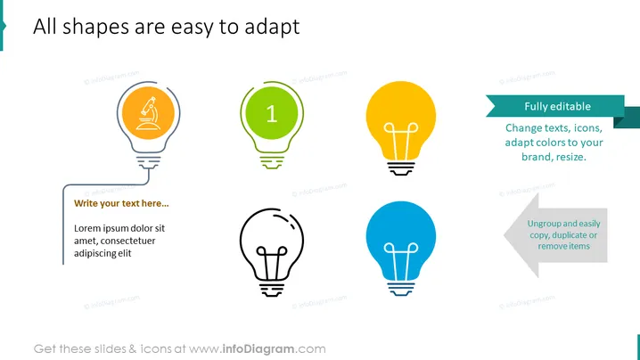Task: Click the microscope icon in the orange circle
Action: [x=148, y=113]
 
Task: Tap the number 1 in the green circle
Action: [x=272, y=113]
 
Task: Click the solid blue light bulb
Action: [x=401, y=248]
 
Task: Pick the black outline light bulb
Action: [x=272, y=252]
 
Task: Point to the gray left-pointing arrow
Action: [x=556, y=235]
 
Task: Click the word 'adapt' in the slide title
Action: [x=272, y=27]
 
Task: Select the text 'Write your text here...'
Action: [x=121, y=203]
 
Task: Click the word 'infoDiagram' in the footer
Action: [x=258, y=349]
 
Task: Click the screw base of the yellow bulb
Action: [x=401, y=168]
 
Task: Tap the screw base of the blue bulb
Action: [x=401, y=289]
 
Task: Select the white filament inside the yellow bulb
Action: [x=401, y=141]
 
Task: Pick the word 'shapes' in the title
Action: [x=95, y=27]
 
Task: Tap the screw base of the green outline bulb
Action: [x=272, y=162]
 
